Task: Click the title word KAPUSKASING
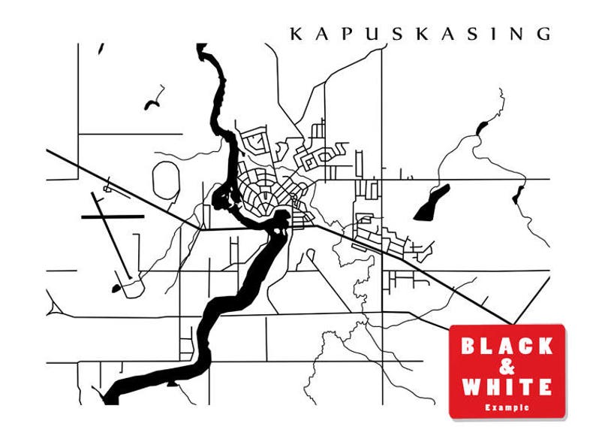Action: (420, 34)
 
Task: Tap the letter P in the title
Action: (324, 34)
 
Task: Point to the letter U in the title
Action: (349, 34)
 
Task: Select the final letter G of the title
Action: (543, 34)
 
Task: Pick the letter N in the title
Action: (516, 34)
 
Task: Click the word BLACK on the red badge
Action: (507, 347)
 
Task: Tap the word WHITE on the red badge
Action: (507, 387)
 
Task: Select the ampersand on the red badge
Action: (507, 367)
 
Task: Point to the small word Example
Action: (507, 407)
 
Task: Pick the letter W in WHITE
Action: (471, 387)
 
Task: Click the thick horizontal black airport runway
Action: (112, 216)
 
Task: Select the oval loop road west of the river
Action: (166, 180)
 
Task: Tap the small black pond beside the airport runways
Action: (116, 288)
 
